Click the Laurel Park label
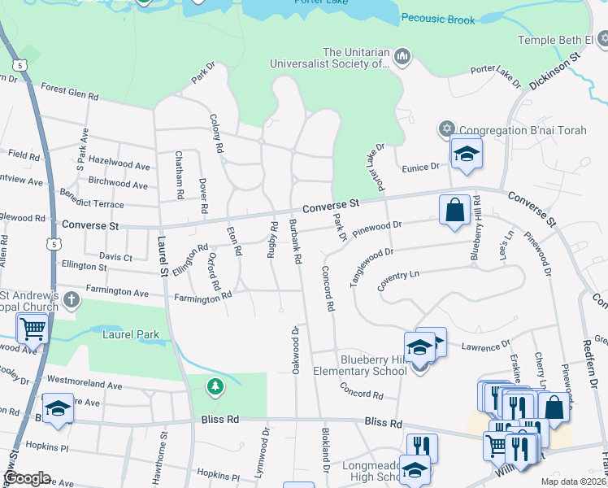(131, 333)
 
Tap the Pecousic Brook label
(437, 20)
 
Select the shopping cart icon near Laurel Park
(33, 329)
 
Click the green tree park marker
(215, 387)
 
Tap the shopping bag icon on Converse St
(455, 210)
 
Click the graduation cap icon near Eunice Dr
(467, 153)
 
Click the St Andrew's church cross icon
(71, 299)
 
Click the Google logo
(27, 478)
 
